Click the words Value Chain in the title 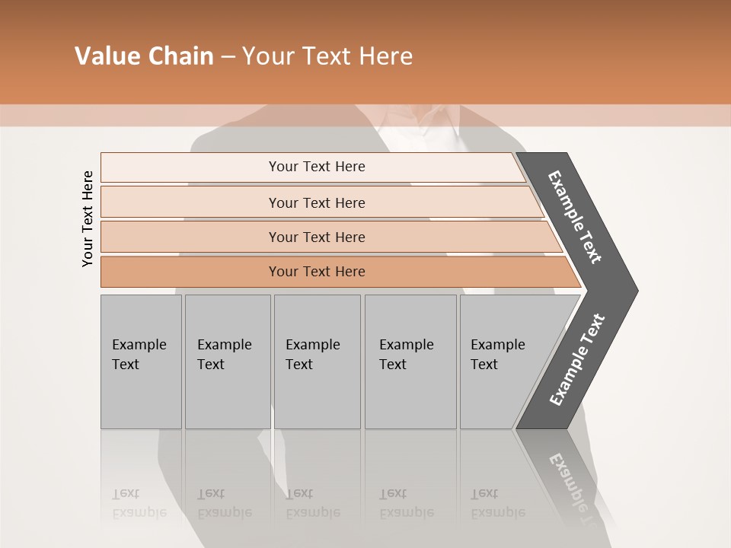click(144, 56)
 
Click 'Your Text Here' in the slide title click(327, 56)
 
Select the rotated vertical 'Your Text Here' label click(88, 218)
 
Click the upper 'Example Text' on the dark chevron click(575, 217)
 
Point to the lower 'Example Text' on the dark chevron click(577, 360)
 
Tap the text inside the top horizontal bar click(317, 167)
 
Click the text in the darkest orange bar click(317, 272)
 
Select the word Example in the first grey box click(139, 345)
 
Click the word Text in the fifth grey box click(484, 365)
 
